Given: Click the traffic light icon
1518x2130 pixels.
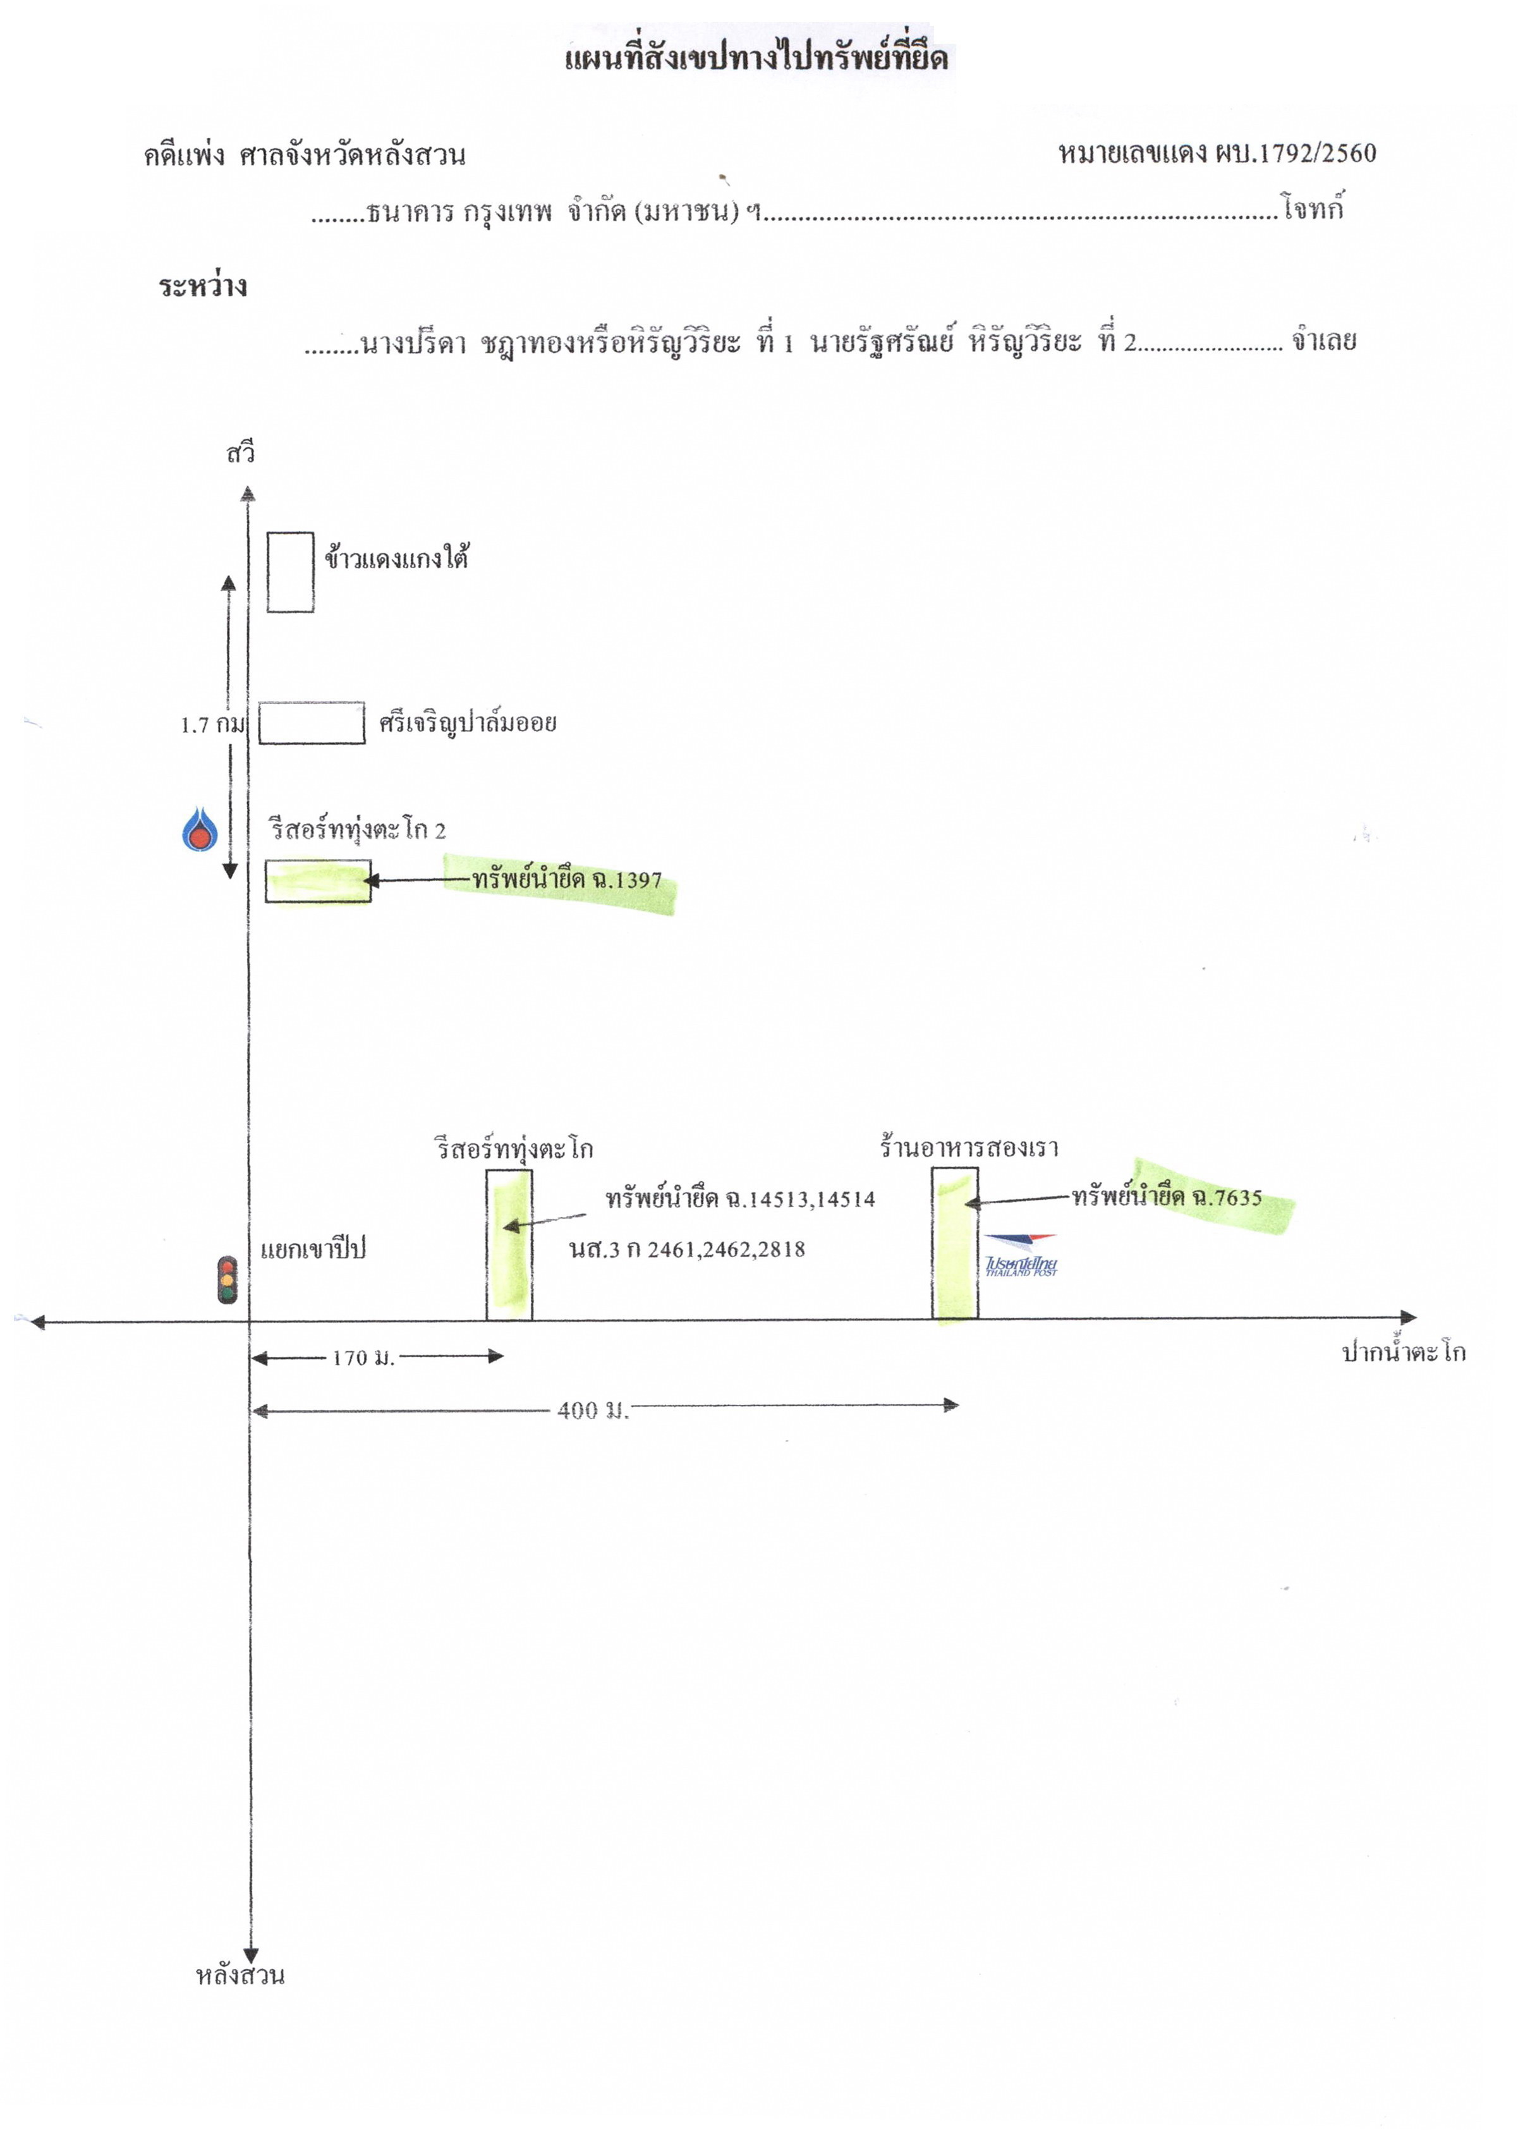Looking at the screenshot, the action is pos(227,1279).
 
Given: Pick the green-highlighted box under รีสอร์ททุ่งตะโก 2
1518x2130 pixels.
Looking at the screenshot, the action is pos(318,881).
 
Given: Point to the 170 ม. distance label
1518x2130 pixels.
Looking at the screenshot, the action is pos(363,1358).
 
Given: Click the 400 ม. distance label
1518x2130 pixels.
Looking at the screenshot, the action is pos(593,1410).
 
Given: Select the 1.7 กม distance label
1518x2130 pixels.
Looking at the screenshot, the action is pos(212,724).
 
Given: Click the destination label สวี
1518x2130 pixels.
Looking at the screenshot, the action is pos(240,453).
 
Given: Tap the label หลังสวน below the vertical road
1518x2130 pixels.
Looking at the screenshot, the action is pos(240,1975).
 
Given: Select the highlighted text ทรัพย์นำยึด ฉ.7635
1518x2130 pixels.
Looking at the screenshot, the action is pos(1167,1196).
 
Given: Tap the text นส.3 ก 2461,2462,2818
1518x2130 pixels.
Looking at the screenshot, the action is pos(687,1249).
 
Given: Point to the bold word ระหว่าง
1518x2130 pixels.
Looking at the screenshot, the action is pos(203,285).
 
